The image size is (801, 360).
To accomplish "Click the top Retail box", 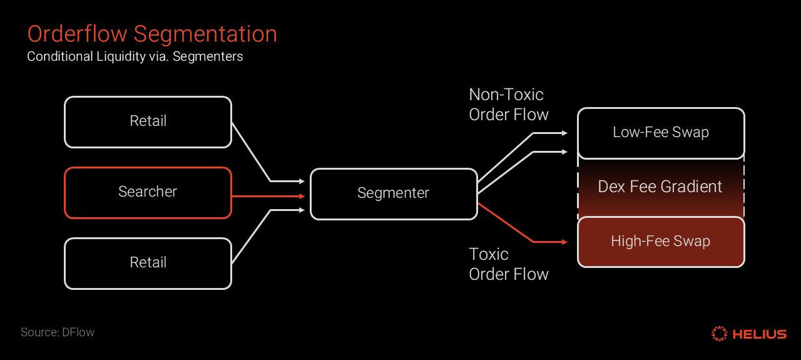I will [148, 121].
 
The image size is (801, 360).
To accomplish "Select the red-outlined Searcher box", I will [148, 192].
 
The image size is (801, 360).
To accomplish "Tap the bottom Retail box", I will [148, 263].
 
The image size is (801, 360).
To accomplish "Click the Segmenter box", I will [393, 193].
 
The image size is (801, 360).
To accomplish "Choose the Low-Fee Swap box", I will [660, 133].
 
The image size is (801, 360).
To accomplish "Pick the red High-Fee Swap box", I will [660, 242].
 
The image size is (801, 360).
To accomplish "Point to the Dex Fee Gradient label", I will [660, 187].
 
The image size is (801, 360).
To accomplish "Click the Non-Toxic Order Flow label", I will [508, 105].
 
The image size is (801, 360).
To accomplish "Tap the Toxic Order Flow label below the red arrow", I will [508, 264].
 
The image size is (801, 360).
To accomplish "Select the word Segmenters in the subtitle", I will [208, 56].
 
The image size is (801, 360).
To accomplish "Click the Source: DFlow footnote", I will [58, 332].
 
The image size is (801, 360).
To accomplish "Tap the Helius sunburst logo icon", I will [719, 334].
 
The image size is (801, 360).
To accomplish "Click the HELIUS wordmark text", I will [759, 334].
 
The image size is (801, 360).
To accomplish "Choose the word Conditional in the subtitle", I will [59, 56].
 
